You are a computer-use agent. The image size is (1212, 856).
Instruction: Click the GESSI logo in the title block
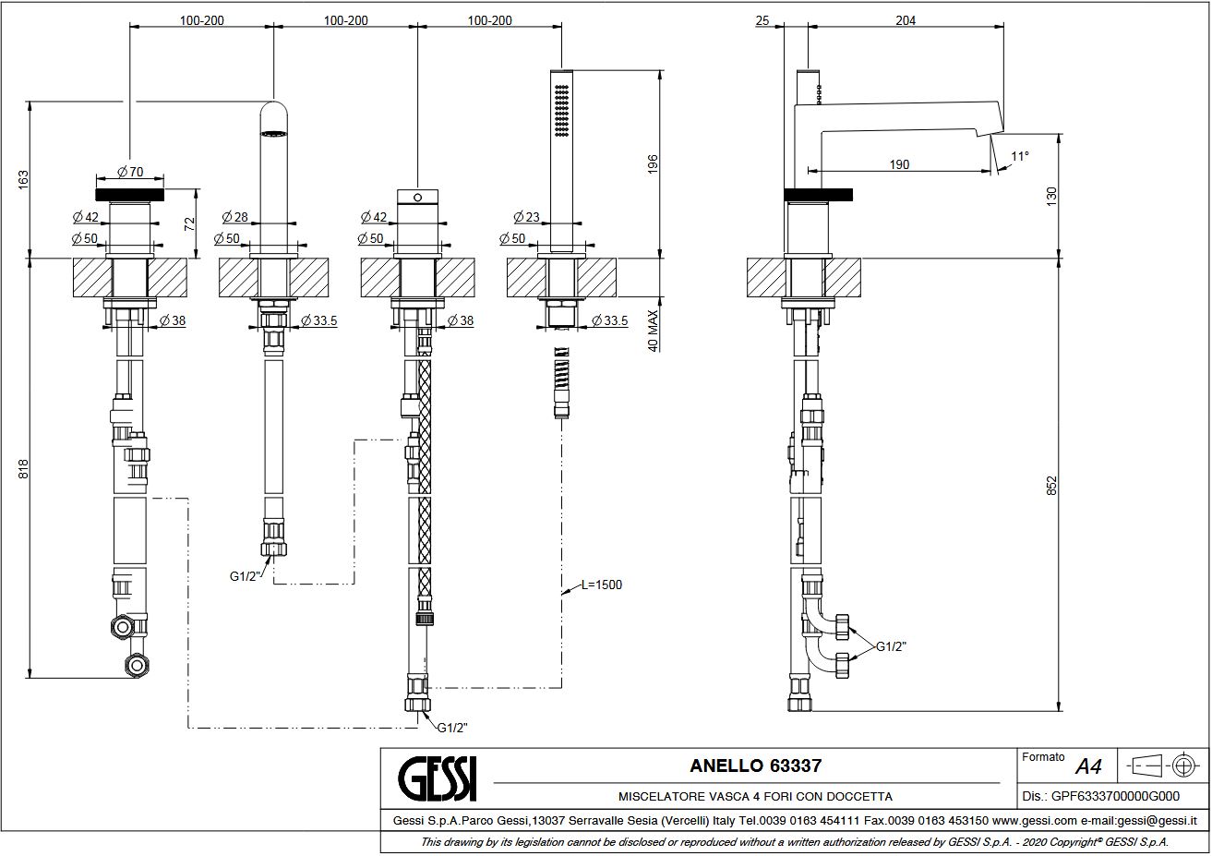(x=438, y=779)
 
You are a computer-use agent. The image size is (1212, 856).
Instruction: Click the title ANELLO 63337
(x=755, y=766)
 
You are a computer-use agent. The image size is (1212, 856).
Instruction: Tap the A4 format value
(x=1088, y=766)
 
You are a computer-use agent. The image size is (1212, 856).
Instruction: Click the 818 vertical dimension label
(x=23, y=468)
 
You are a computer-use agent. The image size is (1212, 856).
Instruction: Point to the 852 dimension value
(x=1050, y=486)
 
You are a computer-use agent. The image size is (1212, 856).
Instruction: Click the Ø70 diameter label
(x=130, y=172)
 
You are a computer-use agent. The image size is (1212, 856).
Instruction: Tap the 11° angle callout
(x=1020, y=156)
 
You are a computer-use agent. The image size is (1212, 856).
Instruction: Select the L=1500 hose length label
(x=602, y=585)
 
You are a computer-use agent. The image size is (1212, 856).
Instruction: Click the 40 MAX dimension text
(x=653, y=331)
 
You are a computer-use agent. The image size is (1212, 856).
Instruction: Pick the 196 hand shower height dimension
(x=653, y=164)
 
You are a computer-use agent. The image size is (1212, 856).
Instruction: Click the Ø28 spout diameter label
(x=234, y=217)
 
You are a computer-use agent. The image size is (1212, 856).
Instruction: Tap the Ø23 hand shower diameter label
(x=526, y=217)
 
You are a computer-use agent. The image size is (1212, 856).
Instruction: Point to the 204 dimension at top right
(x=906, y=20)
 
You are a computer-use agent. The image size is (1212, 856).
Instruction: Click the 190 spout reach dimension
(x=899, y=164)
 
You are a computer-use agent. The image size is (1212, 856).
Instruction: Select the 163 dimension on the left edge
(x=23, y=180)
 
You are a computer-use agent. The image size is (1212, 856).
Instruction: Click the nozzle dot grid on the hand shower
(x=561, y=111)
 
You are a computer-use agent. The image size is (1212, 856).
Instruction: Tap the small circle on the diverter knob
(x=417, y=198)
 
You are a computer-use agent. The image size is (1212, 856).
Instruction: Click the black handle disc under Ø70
(x=130, y=194)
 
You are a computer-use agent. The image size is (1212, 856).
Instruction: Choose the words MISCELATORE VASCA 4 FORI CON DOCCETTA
(x=755, y=797)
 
